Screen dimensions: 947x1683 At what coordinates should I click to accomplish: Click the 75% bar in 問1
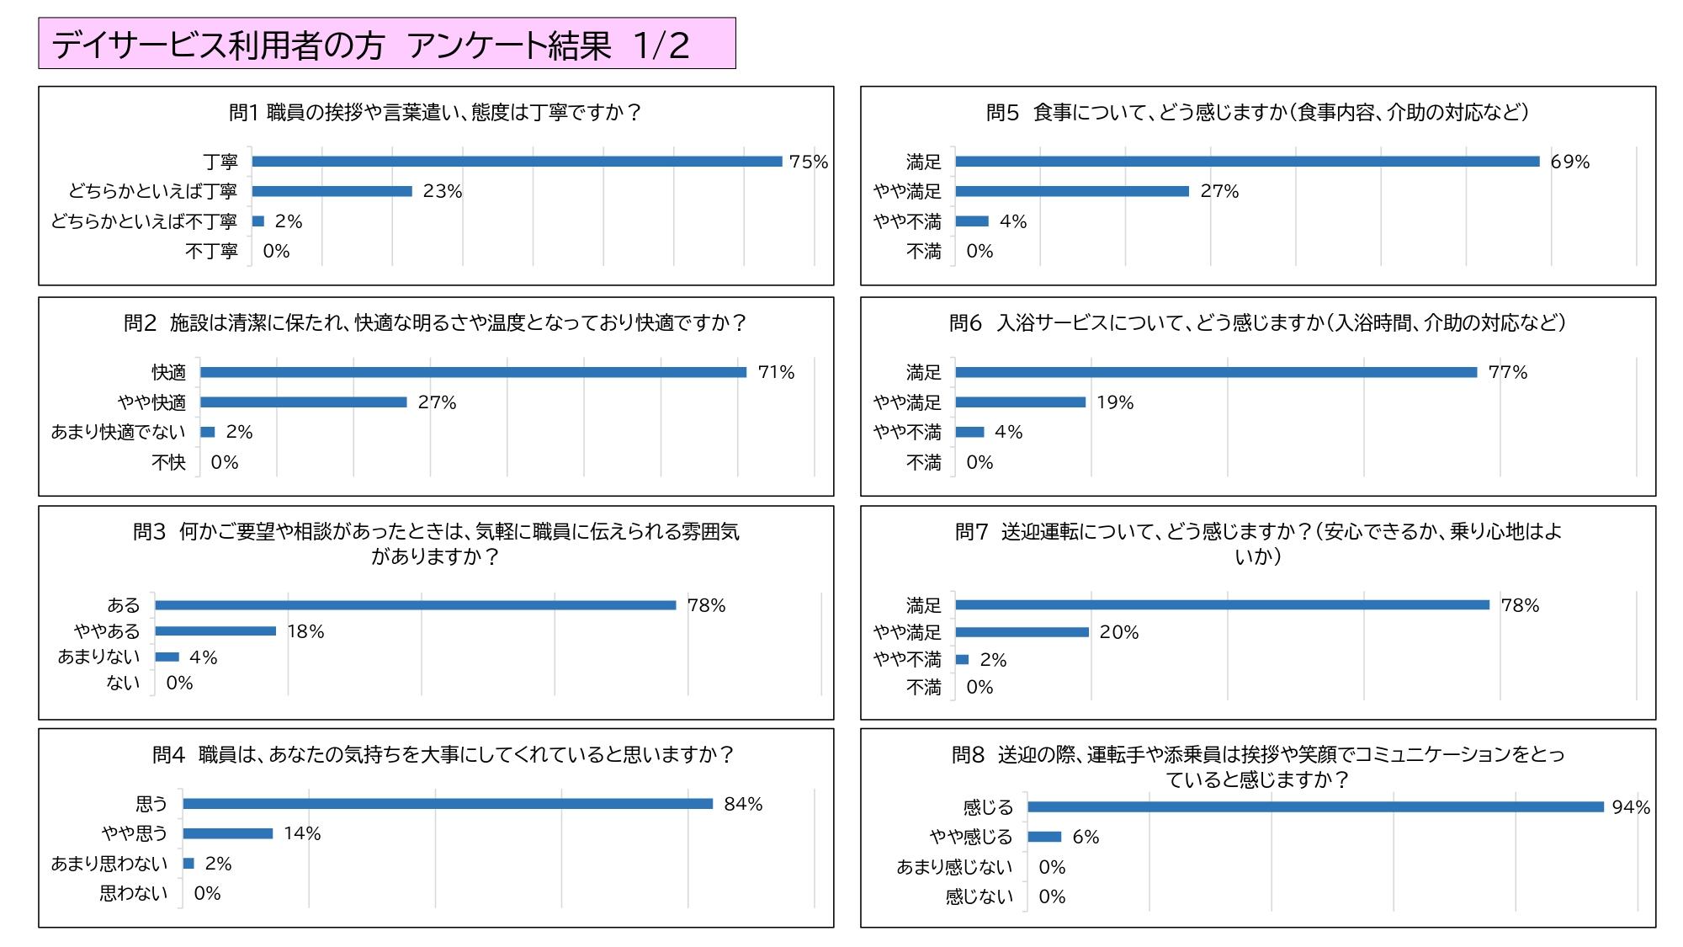point(517,162)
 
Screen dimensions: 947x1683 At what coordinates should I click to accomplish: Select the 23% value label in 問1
point(443,192)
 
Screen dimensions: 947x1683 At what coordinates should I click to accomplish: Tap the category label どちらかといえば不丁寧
point(144,221)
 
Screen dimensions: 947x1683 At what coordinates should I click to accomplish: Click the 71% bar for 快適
point(473,372)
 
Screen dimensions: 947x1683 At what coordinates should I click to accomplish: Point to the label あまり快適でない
point(119,432)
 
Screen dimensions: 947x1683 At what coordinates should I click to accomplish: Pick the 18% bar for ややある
point(215,631)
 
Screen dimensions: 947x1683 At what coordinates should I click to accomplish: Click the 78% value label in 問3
point(706,605)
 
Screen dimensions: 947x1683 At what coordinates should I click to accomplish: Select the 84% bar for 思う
point(448,804)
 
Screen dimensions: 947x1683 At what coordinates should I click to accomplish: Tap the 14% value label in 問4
point(302,833)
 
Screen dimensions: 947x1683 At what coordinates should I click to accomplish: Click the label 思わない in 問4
point(134,893)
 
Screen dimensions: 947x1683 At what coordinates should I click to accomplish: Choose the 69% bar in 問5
point(1247,162)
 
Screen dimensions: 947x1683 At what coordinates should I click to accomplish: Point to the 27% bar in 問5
point(1072,192)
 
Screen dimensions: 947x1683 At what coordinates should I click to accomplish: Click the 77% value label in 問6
point(1507,372)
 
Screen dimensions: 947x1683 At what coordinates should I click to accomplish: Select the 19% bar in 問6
point(1021,402)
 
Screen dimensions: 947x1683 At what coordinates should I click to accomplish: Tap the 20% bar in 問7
point(1022,632)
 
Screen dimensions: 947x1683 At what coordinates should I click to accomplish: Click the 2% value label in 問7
point(993,660)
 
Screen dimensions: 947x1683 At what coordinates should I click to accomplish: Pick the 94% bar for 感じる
point(1316,807)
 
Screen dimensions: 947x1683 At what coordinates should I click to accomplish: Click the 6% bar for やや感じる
point(1044,837)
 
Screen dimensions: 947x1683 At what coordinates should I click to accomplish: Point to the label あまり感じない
point(954,867)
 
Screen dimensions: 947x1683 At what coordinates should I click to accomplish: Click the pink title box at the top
point(387,44)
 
